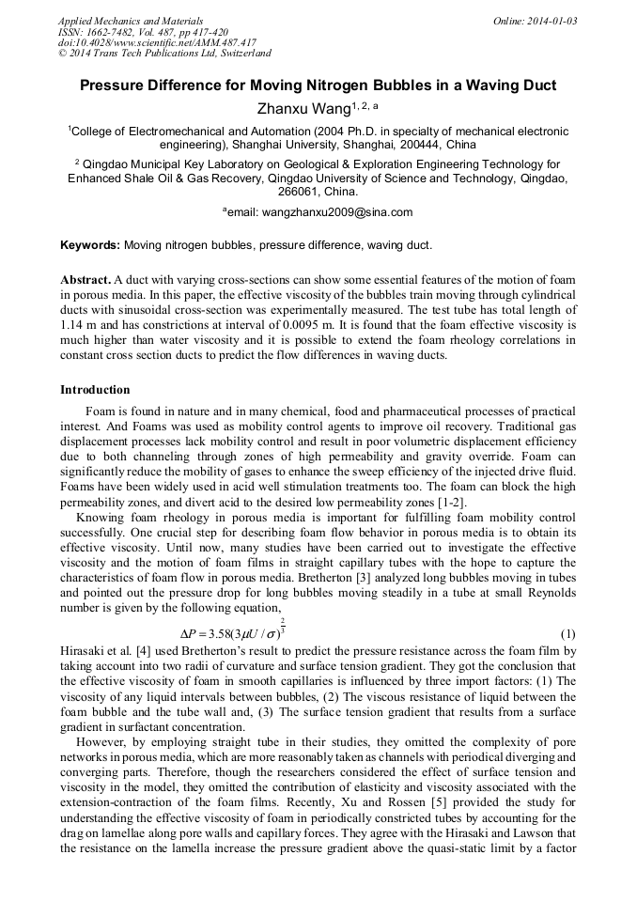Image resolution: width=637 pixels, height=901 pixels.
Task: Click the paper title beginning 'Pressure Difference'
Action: [318, 85]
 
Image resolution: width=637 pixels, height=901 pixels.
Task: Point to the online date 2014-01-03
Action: [548, 21]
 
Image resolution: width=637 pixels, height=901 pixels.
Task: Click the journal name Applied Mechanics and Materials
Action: [131, 21]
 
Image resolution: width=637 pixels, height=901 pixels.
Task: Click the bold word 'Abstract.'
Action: [85, 280]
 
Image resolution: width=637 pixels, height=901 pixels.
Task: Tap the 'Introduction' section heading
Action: [95, 389]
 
